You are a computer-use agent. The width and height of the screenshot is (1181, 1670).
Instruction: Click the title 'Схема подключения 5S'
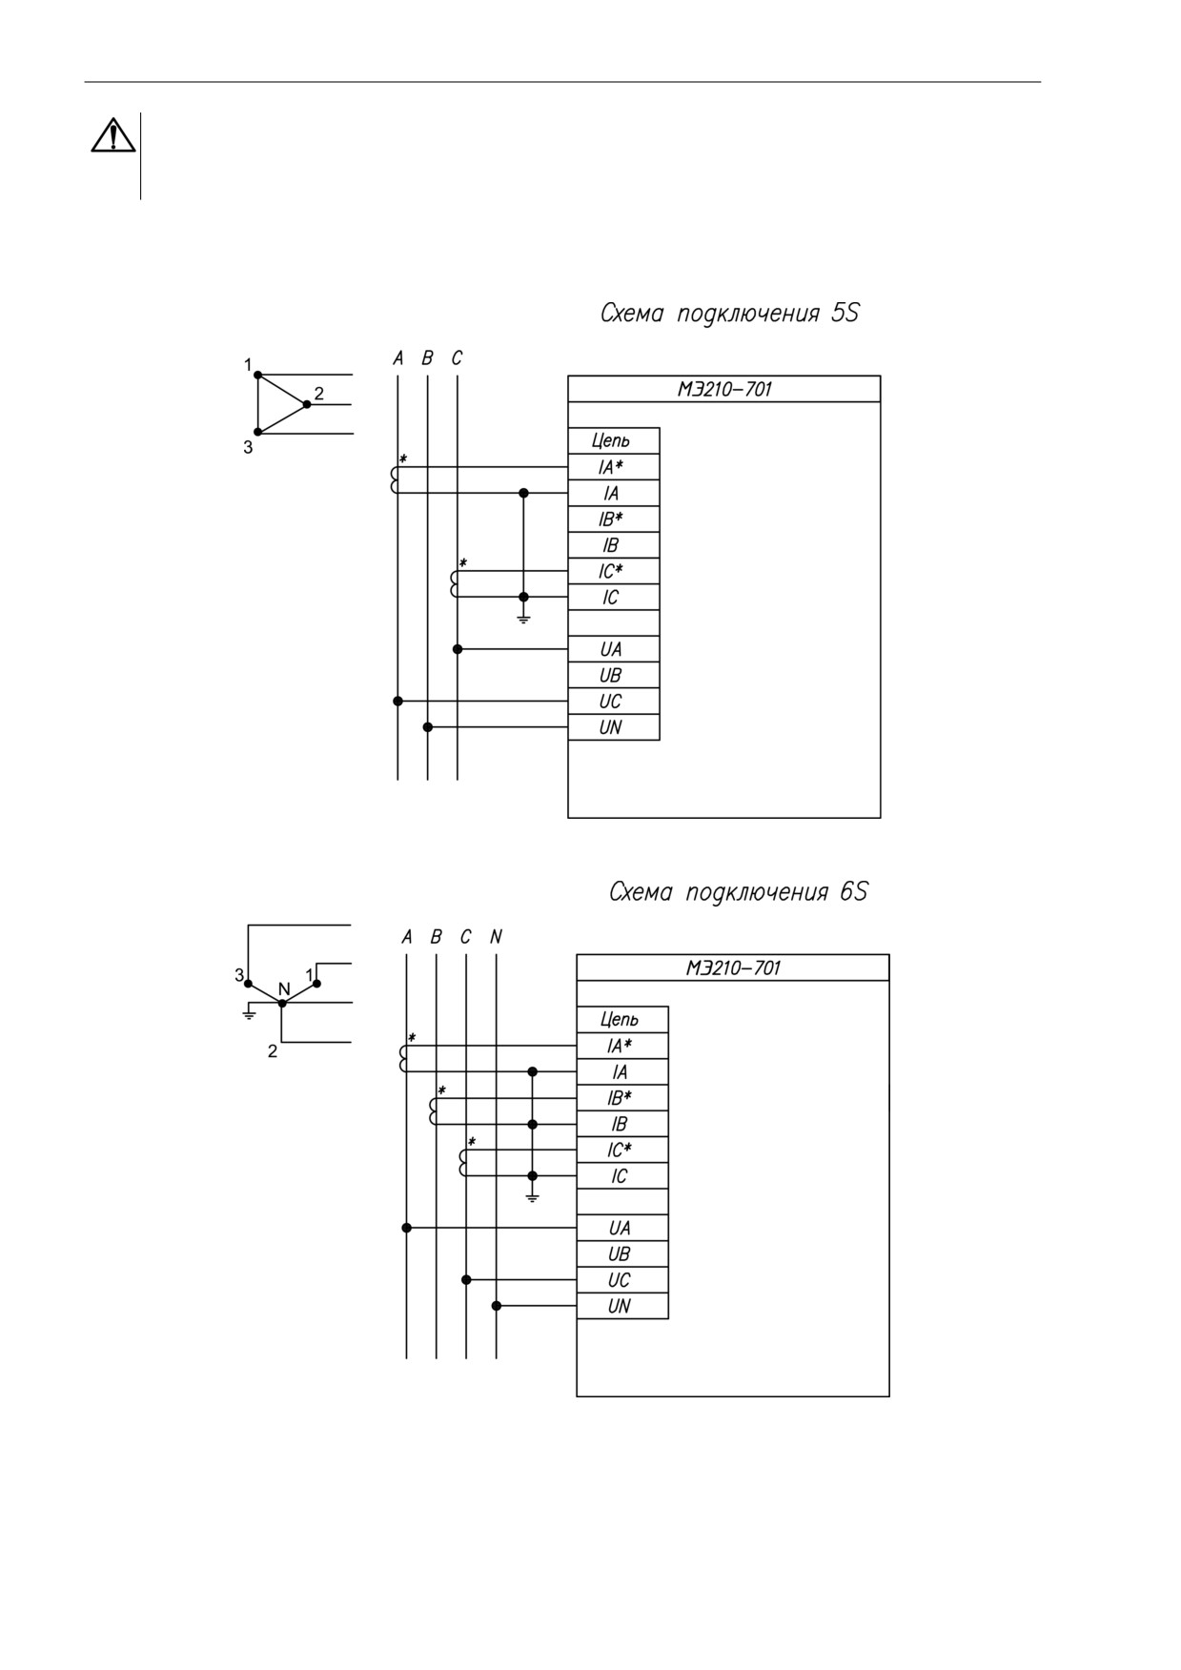click(x=729, y=314)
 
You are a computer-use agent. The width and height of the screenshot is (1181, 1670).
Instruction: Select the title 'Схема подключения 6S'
click(x=738, y=892)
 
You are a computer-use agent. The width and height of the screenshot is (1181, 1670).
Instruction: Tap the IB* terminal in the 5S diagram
click(x=611, y=519)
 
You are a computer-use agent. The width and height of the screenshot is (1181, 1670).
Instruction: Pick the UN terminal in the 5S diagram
click(x=611, y=727)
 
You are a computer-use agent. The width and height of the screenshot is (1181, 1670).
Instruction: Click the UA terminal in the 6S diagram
click(x=620, y=1229)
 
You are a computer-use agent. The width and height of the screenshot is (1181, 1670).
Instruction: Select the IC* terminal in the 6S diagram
click(x=620, y=1151)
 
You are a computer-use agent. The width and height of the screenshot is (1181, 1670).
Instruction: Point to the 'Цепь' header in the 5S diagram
click(x=611, y=441)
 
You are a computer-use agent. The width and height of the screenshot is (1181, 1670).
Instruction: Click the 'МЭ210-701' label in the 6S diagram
click(x=733, y=968)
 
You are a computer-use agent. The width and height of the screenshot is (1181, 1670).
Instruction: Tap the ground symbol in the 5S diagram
click(x=523, y=618)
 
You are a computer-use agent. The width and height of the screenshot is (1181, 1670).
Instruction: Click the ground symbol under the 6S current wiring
click(x=532, y=1196)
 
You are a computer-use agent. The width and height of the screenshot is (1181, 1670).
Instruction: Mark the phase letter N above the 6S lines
click(x=496, y=937)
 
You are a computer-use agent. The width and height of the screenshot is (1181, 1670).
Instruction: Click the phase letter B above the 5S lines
click(x=427, y=358)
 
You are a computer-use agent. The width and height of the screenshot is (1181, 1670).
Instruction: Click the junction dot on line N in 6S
click(x=496, y=1306)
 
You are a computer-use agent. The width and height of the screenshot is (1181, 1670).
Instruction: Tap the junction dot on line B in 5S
click(x=428, y=727)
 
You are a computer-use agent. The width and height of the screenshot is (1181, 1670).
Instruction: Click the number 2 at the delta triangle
click(x=319, y=393)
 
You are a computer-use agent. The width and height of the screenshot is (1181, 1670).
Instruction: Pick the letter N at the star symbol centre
click(x=284, y=989)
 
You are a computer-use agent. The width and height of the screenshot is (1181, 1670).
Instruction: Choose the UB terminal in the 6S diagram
click(x=620, y=1254)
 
